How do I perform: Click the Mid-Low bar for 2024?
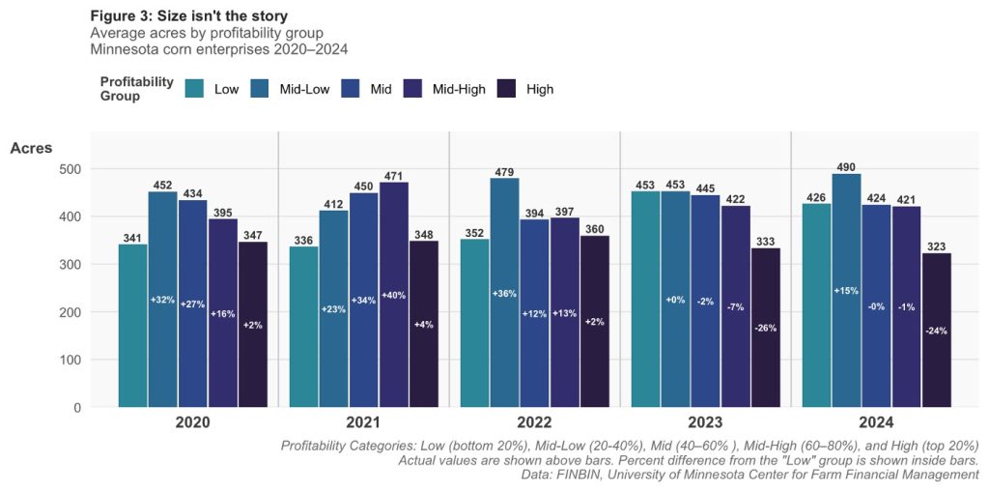(846, 290)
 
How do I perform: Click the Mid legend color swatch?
(353, 89)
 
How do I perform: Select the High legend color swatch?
(508, 89)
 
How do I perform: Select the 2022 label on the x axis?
(534, 423)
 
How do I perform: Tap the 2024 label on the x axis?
(876, 423)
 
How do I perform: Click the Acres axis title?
(31, 148)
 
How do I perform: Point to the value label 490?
(846, 167)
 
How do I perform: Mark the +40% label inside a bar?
(393, 295)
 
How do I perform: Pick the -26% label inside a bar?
(765, 328)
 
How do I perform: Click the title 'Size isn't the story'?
(214, 16)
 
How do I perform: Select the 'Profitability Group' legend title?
(136, 89)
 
